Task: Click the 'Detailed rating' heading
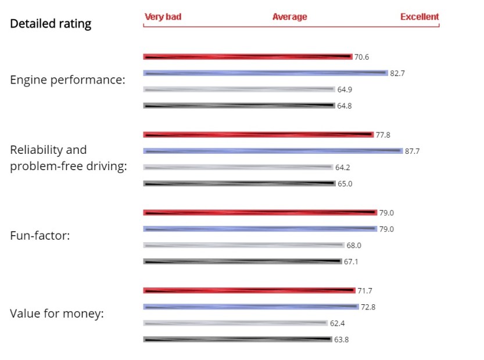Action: click(x=51, y=24)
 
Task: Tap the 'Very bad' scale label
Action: click(x=163, y=17)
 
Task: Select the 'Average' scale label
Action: click(x=289, y=17)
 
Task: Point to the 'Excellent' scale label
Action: click(x=420, y=17)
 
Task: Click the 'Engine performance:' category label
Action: click(x=67, y=80)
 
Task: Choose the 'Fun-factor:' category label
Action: click(x=40, y=236)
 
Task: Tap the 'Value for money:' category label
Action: click(x=57, y=314)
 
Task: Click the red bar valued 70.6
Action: click(x=248, y=56)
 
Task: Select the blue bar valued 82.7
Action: click(x=266, y=73)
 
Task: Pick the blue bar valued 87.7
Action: click(x=273, y=151)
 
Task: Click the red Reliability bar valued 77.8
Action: click(x=258, y=135)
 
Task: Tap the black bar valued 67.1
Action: click(x=243, y=261)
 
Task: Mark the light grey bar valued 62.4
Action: click(x=236, y=323)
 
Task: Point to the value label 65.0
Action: click(x=345, y=184)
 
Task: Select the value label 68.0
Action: click(x=354, y=246)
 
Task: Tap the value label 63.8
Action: click(x=342, y=340)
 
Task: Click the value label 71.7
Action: click(x=365, y=290)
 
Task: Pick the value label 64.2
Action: click(x=343, y=168)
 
